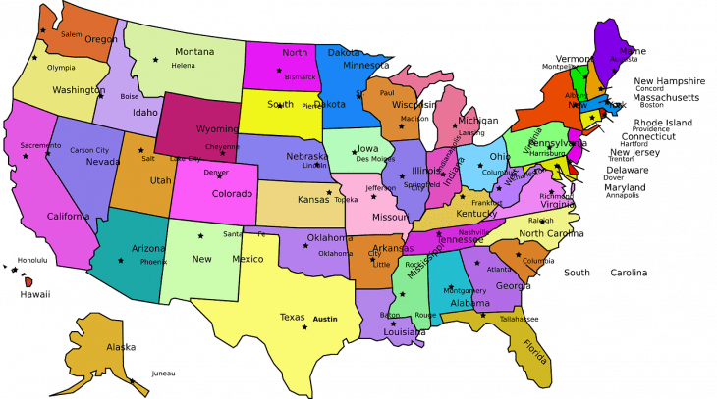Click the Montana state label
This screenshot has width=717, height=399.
194,51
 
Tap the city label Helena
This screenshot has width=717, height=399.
184,66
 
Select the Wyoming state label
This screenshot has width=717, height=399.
217,128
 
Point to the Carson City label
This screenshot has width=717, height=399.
89,150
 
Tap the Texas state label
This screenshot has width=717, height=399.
293,317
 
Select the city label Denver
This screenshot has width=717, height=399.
216,173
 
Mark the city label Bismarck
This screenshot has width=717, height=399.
300,75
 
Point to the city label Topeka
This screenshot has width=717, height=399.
346,199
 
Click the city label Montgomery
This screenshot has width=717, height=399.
465,290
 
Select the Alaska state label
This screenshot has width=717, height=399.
121,347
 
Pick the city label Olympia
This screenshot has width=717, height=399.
61,68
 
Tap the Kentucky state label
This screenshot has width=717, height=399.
477,213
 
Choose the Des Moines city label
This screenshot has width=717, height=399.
376,159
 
